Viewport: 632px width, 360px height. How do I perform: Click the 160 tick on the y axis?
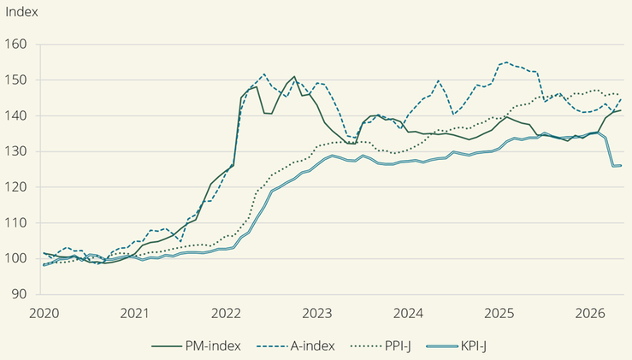pos(15,44)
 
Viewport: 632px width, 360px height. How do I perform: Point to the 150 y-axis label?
pos(15,80)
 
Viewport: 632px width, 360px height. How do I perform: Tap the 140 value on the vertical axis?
pos(15,115)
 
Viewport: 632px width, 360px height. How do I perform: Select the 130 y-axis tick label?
pos(15,151)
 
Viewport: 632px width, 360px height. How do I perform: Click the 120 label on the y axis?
pos(15,187)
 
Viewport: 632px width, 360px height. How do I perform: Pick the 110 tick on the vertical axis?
pos(15,223)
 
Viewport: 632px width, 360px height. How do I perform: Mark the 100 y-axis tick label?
pos(15,258)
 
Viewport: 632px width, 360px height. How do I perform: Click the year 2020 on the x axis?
pos(44,313)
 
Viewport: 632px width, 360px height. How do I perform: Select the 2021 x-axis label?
pos(134,313)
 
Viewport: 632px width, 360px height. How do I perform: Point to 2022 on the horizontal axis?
pos(226,313)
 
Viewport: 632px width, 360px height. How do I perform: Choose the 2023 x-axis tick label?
pos(317,313)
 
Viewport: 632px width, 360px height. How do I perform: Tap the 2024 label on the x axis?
pos(408,313)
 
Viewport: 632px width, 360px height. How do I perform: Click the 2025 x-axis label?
pos(499,313)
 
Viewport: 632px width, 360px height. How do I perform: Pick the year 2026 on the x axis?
pos(590,313)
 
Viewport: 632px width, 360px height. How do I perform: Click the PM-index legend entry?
pos(197,345)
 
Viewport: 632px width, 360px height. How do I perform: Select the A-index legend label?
pos(295,345)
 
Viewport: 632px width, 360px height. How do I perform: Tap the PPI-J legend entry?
pos(381,345)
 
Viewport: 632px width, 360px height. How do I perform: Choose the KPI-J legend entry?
pos(457,345)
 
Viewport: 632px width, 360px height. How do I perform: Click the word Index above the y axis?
pos(21,12)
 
